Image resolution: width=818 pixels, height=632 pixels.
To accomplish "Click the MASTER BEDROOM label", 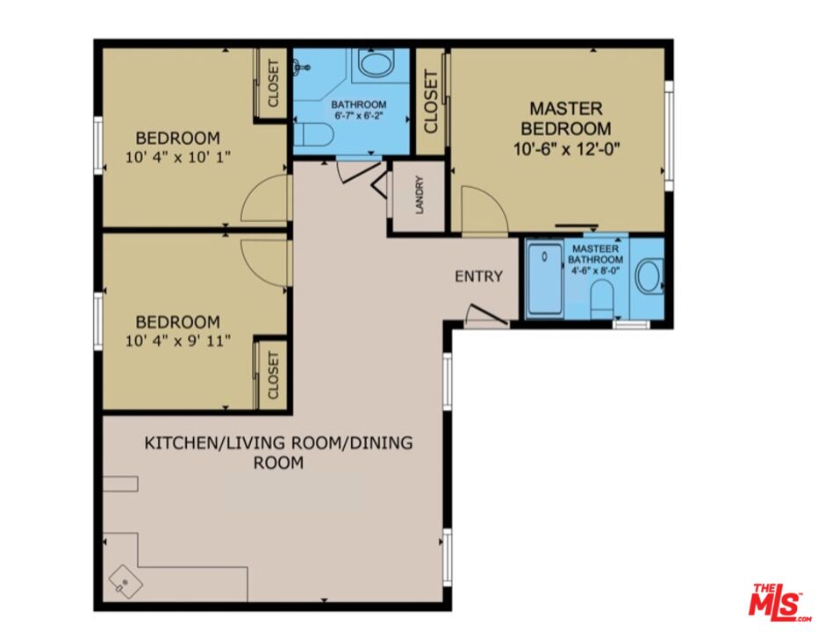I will [x=566, y=118].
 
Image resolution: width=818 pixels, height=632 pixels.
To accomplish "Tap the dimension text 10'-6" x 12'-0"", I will [x=567, y=148].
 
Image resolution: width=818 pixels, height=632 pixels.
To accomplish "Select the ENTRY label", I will [x=478, y=276].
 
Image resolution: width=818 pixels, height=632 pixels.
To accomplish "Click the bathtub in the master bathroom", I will [x=544, y=280].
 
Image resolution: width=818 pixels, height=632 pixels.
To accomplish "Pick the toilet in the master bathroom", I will [x=602, y=303].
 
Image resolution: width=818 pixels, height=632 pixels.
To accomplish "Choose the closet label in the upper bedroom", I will [x=273, y=83].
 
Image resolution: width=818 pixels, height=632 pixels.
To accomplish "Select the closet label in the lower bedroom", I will [x=273, y=375].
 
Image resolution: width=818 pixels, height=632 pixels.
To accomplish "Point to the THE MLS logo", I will [x=778, y=601].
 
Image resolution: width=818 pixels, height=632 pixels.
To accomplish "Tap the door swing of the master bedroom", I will [x=483, y=211].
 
